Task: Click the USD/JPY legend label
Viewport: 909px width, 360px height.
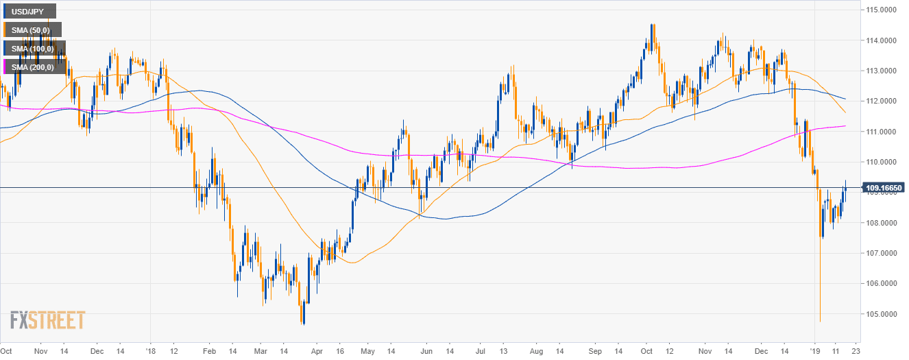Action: pyautogui.click(x=28, y=12)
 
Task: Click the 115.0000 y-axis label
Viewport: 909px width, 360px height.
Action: pyautogui.click(x=883, y=10)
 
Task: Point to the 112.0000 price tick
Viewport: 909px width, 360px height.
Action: pyautogui.click(x=883, y=101)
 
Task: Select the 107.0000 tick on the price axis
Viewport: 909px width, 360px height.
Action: pyautogui.click(x=883, y=253)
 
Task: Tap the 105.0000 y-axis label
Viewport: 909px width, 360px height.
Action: pyautogui.click(x=883, y=314)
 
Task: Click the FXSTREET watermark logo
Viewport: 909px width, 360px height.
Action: pyautogui.click(x=48, y=320)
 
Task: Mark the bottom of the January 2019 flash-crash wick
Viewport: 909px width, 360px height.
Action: pyautogui.click(x=820, y=321)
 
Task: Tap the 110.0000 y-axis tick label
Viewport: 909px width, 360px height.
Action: pyautogui.click(x=883, y=162)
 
